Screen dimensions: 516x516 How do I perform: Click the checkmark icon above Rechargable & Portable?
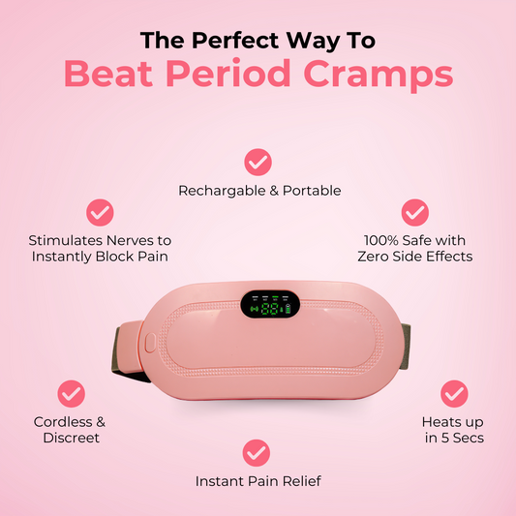[258, 161]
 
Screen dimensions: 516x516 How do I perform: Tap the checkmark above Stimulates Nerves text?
[100, 212]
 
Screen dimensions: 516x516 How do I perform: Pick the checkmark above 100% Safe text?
[415, 212]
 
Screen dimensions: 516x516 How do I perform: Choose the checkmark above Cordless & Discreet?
[70, 393]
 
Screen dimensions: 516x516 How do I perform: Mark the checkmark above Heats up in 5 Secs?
[453, 393]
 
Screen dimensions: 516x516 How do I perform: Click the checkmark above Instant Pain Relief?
[256, 451]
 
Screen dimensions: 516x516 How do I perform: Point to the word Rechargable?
[221, 191]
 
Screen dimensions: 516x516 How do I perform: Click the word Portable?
[312, 191]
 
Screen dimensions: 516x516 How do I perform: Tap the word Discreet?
[70, 439]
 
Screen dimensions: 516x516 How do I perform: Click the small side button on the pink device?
[151, 341]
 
